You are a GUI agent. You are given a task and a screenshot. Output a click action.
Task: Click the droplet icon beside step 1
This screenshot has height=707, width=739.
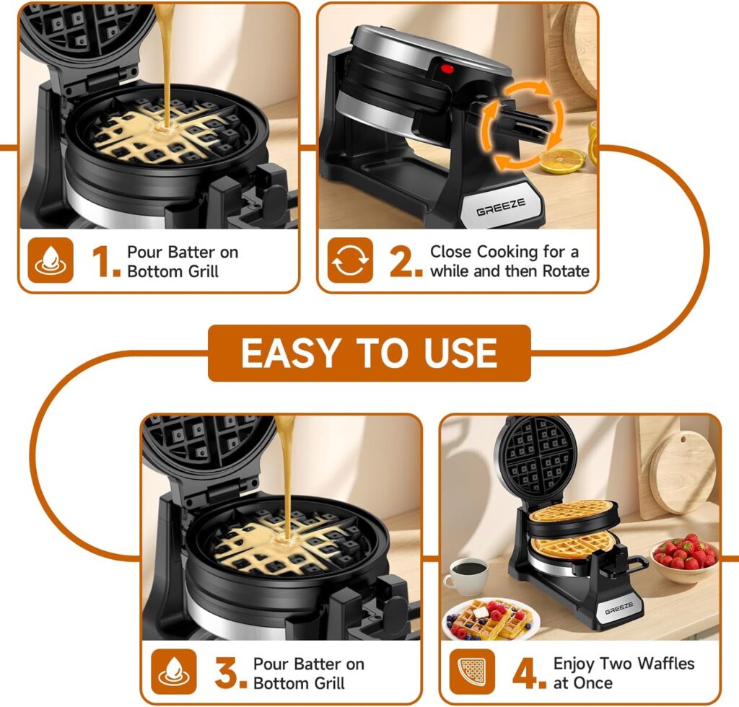tap(51, 260)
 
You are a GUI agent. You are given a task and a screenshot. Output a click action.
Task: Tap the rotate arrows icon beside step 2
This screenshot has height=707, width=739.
tap(350, 260)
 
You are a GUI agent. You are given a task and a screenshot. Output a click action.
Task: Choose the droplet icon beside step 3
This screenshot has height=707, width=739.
tap(174, 672)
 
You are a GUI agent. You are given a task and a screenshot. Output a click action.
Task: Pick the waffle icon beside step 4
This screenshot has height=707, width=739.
tap(472, 672)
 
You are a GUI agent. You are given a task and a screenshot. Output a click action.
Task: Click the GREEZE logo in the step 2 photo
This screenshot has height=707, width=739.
tap(501, 207)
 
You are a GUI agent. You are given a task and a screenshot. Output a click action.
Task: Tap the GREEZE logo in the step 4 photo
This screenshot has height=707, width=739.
tap(618, 608)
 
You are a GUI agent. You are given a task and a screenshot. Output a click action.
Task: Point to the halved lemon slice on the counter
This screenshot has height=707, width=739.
tap(561, 161)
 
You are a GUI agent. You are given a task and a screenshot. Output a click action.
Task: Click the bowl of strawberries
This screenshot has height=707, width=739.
tap(684, 559)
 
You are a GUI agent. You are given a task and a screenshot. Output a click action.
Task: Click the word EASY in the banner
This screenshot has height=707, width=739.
tap(290, 353)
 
